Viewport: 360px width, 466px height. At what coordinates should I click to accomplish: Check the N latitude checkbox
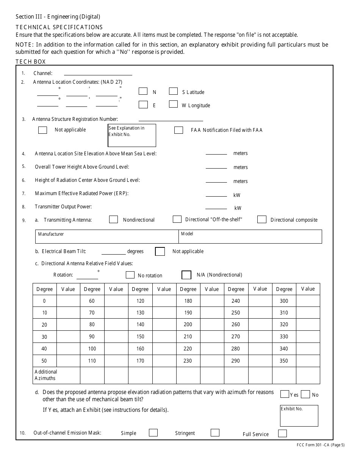pyautogui.click(x=143, y=91)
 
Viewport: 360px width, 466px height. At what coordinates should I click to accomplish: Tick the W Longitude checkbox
pyautogui.click(x=173, y=104)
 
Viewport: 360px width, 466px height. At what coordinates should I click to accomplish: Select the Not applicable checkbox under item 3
pyautogui.click(x=43, y=130)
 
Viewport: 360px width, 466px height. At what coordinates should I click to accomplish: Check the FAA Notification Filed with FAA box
pyautogui.click(x=178, y=130)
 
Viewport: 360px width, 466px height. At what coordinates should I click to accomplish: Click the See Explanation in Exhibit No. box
pyautogui.click(x=132, y=135)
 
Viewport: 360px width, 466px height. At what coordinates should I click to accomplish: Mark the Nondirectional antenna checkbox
pyautogui.click(x=113, y=219)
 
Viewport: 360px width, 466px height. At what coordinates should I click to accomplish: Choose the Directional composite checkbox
pyautogui.click(x=261, y=219)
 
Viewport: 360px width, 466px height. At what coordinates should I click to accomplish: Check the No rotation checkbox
pyautogui.click(x=130, y=275)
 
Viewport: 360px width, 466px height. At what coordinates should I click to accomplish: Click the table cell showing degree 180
pyautogui.click(x=188, y=301)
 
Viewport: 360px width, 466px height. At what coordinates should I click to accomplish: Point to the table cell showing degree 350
pyautogui.click(x=284, y=361)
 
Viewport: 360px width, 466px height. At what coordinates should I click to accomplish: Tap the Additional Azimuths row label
pyautogui.click(x=46, y=375)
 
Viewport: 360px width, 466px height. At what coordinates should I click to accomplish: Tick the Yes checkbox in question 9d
pyautogui.click(x=285, y=394)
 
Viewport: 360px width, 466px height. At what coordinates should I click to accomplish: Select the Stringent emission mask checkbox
pyautogui.click(x=215, y=433)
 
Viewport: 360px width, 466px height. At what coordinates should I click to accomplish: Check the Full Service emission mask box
pyautogui.click(x=282, y=433)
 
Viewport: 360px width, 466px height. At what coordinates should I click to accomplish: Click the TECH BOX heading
pyautogui.click(x=30, y=62)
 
